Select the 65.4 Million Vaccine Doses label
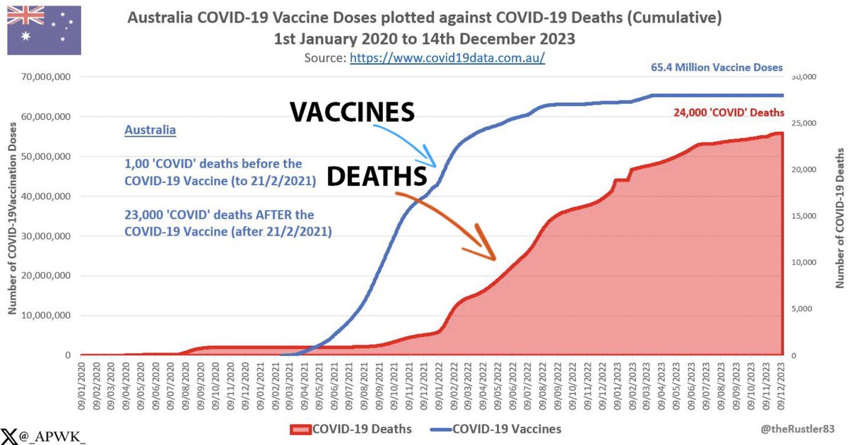click(x=717, y=68)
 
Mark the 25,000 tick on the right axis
click(x=806, y=124)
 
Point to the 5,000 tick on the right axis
click(x=804, y=309)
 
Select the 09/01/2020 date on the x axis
click(x=83, y=380)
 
